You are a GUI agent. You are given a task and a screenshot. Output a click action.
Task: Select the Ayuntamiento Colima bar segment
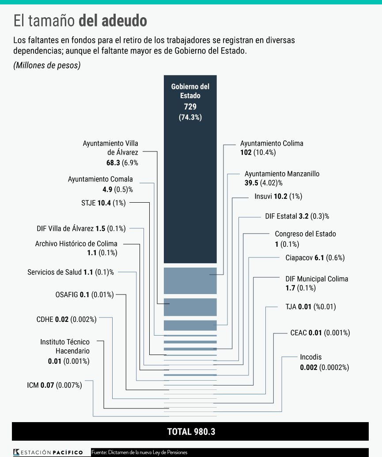point(190,280)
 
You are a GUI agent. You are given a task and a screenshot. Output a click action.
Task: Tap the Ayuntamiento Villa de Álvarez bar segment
point(190,307)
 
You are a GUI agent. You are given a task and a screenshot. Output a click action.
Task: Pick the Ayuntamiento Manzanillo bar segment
point(190,325)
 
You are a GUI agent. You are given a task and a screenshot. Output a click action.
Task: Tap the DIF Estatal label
point(297,216)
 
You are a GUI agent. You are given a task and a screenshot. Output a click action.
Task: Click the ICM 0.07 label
point(54,385)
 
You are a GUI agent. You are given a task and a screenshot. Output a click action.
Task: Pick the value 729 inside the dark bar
point(190,107)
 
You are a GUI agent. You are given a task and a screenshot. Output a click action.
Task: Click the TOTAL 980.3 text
point(191,431)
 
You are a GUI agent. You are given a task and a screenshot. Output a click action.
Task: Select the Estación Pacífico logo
point(49,452)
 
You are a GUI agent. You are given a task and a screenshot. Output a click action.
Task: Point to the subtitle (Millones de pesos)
point(47,65)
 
